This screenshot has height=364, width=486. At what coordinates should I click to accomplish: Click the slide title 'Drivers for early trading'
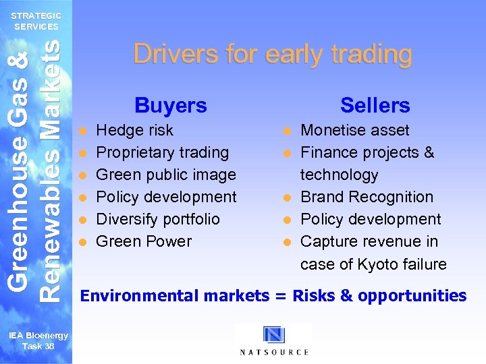(272, 54)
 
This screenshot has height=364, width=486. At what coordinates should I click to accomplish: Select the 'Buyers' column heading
(171, 105)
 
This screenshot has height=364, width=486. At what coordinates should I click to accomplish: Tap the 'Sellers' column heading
(375, 105)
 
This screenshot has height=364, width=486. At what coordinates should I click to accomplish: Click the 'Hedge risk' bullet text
(134, 130)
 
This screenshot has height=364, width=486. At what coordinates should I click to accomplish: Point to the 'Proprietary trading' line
(162, 152)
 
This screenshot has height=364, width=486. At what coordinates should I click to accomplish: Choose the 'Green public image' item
(166, 175)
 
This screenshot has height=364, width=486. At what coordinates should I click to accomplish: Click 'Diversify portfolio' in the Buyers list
(158, 219)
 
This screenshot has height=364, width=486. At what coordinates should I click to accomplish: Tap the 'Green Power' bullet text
(144, 241)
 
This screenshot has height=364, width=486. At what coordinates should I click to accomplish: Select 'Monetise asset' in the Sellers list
(354, 130)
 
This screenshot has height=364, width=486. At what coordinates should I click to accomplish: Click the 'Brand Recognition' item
(367, 197)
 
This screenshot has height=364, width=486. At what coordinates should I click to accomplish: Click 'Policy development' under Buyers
(166, 197)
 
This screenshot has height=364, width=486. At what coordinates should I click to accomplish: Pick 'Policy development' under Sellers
(370, 219)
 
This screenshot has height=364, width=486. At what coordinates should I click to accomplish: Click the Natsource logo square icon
(274, 335)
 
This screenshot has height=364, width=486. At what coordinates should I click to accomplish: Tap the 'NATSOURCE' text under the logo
(274, 352)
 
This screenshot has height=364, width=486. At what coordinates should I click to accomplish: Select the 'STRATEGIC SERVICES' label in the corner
(36, 21)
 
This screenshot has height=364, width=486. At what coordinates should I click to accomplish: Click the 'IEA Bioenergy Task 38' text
(38, 340)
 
